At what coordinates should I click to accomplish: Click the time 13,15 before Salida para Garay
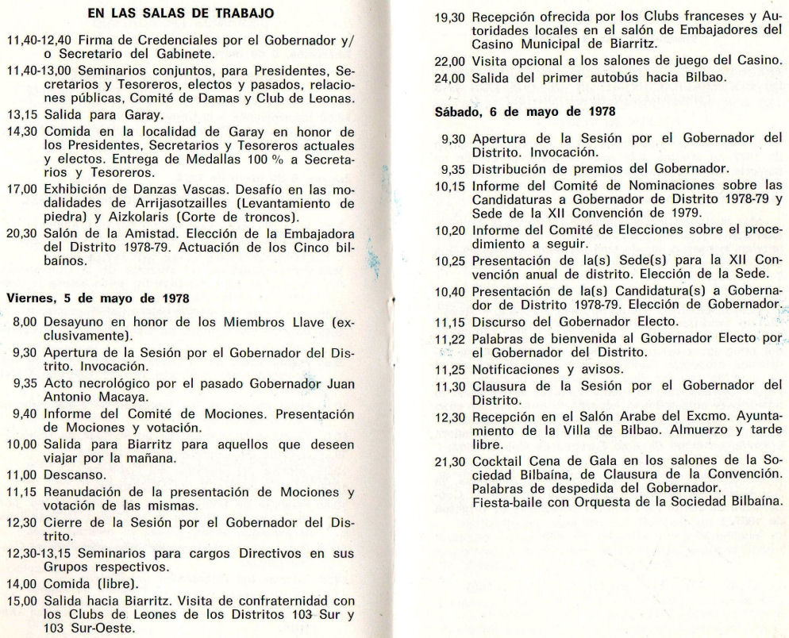point(21,114)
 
